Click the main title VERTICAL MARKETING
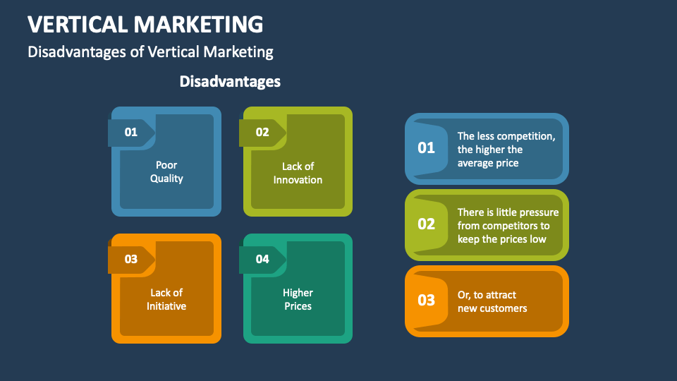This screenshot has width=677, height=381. tap(145, 24)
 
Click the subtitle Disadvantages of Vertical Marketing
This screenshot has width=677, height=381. tap(150, 52)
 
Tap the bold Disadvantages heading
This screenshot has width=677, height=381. tap(230, 81)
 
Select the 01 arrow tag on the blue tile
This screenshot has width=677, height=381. tap(131, 132)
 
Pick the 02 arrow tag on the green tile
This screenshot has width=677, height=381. tap(262, 132)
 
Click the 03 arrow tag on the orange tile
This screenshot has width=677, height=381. tap(131, 259)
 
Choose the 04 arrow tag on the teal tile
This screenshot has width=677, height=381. tap(262, 259)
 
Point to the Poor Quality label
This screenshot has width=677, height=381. tap(166, 172)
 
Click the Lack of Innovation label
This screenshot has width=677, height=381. tap(298, 173)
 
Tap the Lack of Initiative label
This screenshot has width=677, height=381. tap(166, 299)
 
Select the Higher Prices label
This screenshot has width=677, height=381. tap(298, 299)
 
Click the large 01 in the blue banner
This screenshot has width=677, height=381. tap(427, 147)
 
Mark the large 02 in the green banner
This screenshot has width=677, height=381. tap(427, 224)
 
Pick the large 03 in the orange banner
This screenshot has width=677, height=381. tap(427, 300)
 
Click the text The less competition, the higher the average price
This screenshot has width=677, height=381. tap(506, 150)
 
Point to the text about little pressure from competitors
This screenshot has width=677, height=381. tap(508, 226)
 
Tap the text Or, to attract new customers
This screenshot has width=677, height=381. tap(492, 301)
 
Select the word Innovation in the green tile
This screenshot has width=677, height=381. tap(298, 180)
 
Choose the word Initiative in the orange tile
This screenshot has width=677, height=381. tap(166, 306)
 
